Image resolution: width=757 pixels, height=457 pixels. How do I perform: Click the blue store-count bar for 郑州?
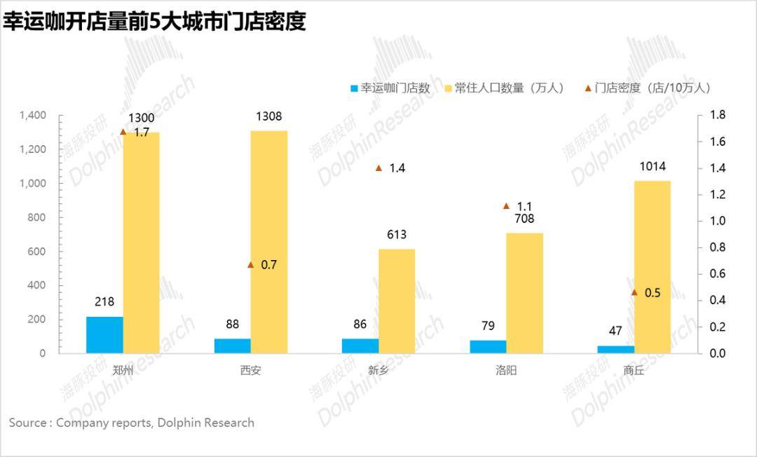[x=104, y=335]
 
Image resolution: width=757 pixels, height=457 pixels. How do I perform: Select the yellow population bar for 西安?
[x=269, y=242]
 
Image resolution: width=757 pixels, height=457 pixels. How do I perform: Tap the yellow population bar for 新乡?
[x=397, y=301]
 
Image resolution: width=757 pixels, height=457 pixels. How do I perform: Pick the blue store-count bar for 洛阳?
[x=488, y=347]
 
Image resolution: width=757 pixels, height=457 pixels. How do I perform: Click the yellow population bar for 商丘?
[x=653, y=267]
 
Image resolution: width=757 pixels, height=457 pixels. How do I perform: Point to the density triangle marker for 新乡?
[x=379, y=168]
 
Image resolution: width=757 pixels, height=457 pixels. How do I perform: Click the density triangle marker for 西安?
[x=251, y=265]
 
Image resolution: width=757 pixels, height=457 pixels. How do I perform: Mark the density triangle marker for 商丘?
[x=634, y=292]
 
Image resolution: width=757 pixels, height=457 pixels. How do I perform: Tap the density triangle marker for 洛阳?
[x=507, y=206]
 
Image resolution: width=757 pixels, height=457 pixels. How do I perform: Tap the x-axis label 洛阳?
[x=505, y=370]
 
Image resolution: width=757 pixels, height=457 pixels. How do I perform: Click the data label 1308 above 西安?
[x=268, y=117]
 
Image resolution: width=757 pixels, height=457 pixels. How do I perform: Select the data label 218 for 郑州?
[x=104, y=302]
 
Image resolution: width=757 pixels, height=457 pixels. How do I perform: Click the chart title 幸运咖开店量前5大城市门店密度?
[x=154, y=21]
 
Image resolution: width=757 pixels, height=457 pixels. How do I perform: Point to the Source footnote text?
[x=131, y=423]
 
